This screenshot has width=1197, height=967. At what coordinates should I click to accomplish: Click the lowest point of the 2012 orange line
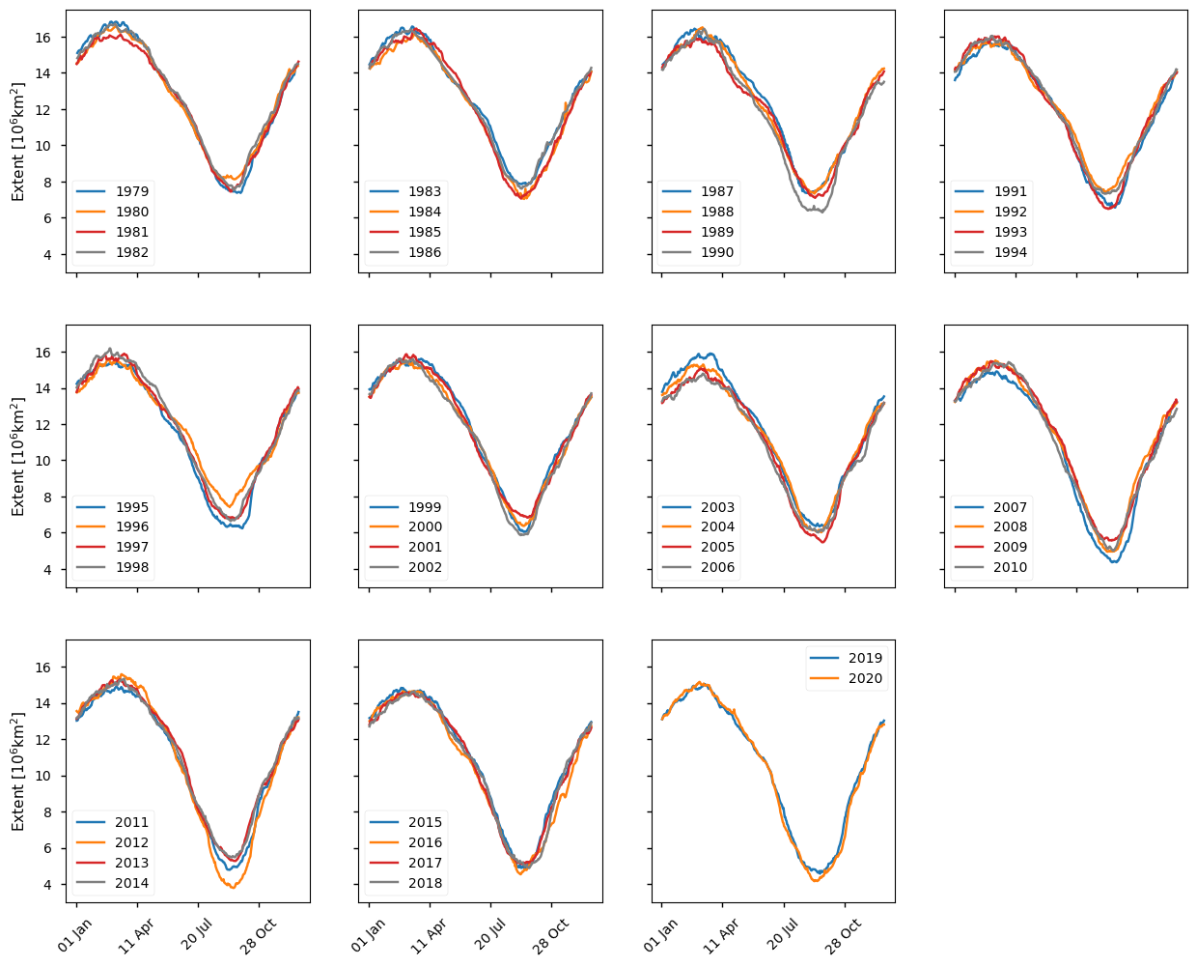coord(233,887)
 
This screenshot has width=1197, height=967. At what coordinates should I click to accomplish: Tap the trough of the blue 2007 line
coord(1115,561)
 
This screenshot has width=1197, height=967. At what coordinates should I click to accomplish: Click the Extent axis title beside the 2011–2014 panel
coord(17,772)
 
